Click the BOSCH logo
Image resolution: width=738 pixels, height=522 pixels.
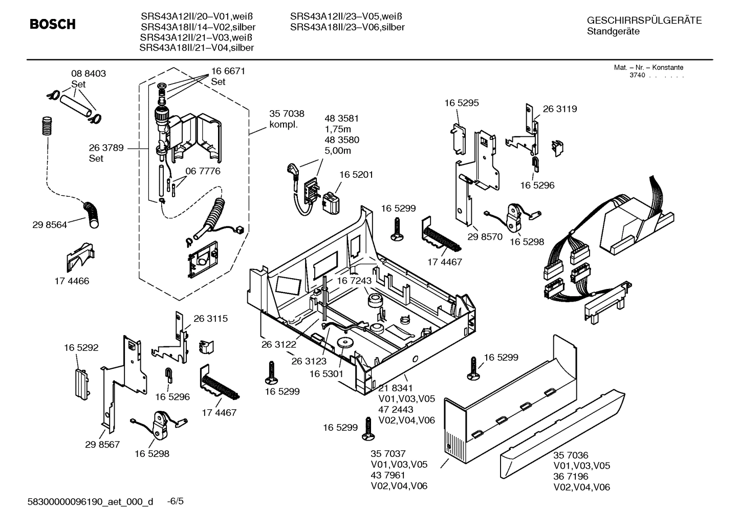pos(52,24)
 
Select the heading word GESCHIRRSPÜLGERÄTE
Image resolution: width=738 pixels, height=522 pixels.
pos(644,20)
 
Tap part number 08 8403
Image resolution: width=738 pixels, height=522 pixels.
pos(89,74)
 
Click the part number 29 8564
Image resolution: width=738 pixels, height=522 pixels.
pos(50,224)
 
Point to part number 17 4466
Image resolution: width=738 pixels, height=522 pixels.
pos(72,281)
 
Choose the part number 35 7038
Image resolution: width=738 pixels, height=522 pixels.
pos(287,114)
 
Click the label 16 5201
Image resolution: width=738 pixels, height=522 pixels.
pos(356,175)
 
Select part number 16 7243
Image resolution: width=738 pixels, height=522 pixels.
pos(354,281)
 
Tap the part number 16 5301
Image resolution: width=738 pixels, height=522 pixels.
pos(326,374)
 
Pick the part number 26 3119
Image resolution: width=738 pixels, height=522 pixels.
pos(559,109)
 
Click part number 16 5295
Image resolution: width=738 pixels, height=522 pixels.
pos(462,103)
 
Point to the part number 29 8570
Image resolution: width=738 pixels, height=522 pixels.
pos(485,237)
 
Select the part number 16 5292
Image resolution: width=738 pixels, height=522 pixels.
pos(81,348)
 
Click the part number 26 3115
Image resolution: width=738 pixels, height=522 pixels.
pos(210,319)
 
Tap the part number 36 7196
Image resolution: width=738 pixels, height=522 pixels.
pos(571,476)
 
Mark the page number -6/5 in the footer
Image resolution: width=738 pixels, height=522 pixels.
pos(175,501)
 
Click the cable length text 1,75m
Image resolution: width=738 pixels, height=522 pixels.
pos(338,129)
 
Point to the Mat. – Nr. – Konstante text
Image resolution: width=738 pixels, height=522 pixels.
pos(648,68)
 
